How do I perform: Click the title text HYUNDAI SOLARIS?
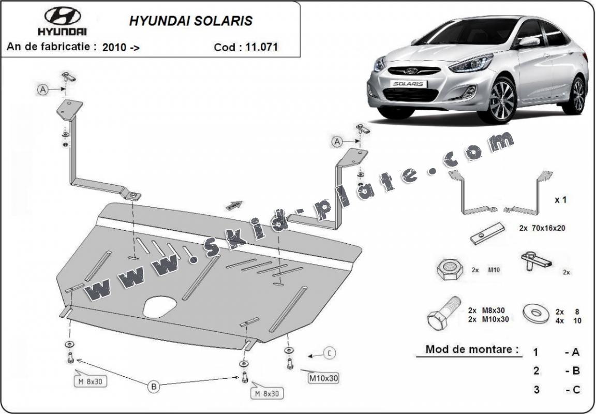(190, 21)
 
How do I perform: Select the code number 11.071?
(261, 47)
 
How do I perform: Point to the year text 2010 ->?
(121, 47)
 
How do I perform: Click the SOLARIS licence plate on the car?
(409, 83)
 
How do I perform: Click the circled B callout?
(154, 386)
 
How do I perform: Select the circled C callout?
(329, 353)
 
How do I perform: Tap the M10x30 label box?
(323, 378)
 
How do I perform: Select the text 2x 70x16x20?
(542, 228)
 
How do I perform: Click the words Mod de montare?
(472, 349)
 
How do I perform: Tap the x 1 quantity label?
(560, 200)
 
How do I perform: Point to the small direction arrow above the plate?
(234, 205)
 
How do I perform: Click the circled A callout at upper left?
(43, 90)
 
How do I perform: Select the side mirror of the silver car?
(529, 41)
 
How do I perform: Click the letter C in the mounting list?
(576, 390)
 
